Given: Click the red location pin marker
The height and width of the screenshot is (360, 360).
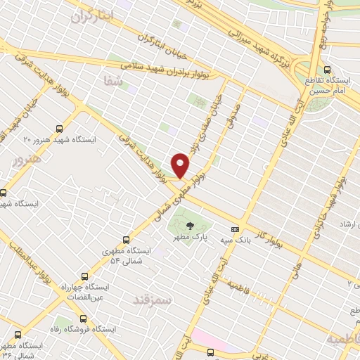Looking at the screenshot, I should coord(181,165).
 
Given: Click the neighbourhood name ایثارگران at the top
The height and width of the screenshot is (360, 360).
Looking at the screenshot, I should coord(91,16).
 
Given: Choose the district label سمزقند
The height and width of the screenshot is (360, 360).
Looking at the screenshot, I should coord(151,300).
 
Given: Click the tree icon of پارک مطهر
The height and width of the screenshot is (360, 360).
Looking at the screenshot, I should coord(191,226).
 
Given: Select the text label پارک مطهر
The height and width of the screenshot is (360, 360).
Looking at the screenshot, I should coord(191,238).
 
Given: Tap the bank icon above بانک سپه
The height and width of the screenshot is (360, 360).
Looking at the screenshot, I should coord(234,229).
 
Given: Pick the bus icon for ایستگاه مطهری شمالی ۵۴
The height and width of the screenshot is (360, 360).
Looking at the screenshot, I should coord(126,240).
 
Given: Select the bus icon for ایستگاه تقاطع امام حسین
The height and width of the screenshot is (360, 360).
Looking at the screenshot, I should coord(328,69).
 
